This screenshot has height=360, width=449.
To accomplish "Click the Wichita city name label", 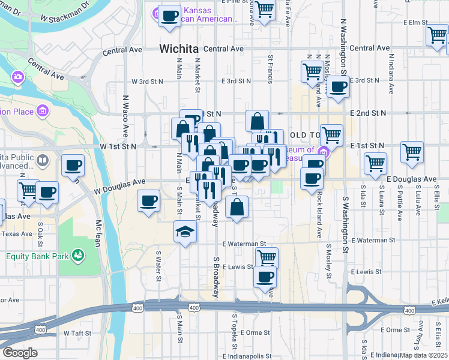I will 178,49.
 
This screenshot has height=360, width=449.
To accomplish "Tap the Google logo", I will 20,352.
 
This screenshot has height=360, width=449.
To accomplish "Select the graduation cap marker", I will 185,232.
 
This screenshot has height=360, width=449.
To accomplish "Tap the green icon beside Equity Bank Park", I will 77,256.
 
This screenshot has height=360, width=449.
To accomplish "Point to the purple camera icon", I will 17,76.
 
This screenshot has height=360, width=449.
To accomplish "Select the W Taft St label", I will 76,332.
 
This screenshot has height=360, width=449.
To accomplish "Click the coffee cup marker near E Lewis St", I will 265,277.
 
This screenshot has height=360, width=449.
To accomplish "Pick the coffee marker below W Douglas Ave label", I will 148,201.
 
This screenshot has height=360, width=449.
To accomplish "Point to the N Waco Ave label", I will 126,116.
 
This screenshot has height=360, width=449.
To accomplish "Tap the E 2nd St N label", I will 369,113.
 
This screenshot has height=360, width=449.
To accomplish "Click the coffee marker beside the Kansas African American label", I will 169,15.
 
